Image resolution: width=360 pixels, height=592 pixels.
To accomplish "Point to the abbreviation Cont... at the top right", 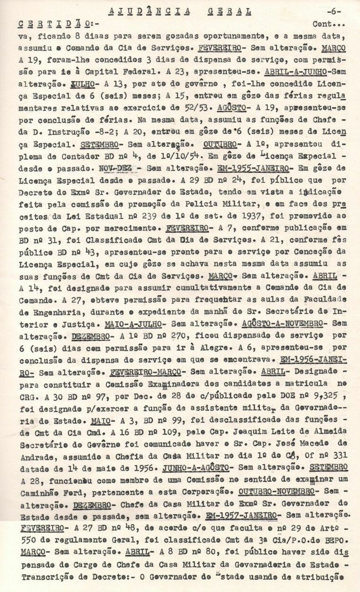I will click(x=329, y=23).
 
